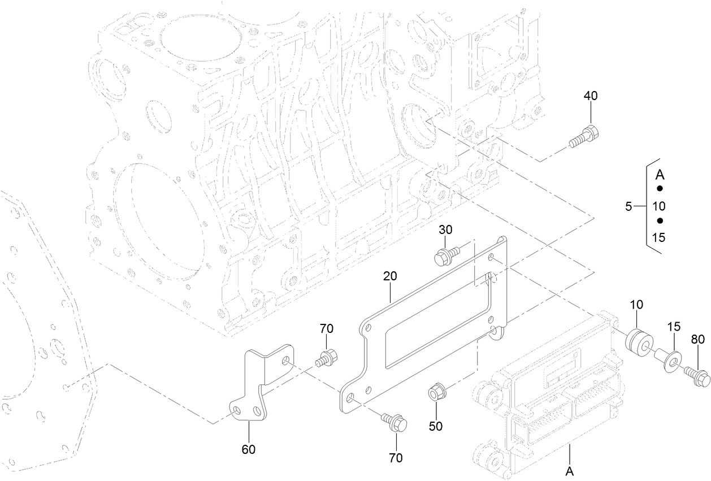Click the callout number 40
590,97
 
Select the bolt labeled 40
585,137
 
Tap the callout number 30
446,230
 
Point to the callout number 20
390,276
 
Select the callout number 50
435,426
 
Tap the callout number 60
249,449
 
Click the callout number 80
698,340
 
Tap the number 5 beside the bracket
628,207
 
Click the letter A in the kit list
659,174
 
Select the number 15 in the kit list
658,237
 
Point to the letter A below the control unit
570,470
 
